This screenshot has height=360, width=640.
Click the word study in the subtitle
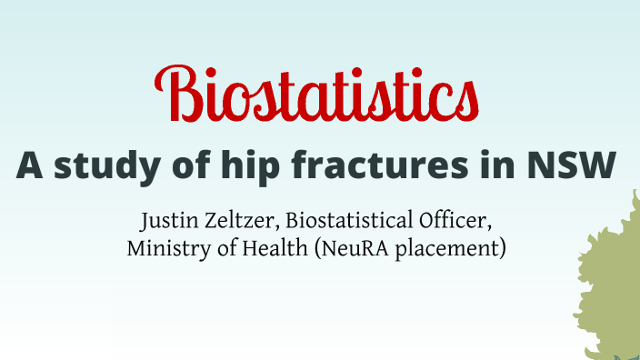tap(103, 165)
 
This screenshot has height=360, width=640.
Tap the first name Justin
tap(165, 222)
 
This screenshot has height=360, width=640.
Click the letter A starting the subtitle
tap(29, 165)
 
